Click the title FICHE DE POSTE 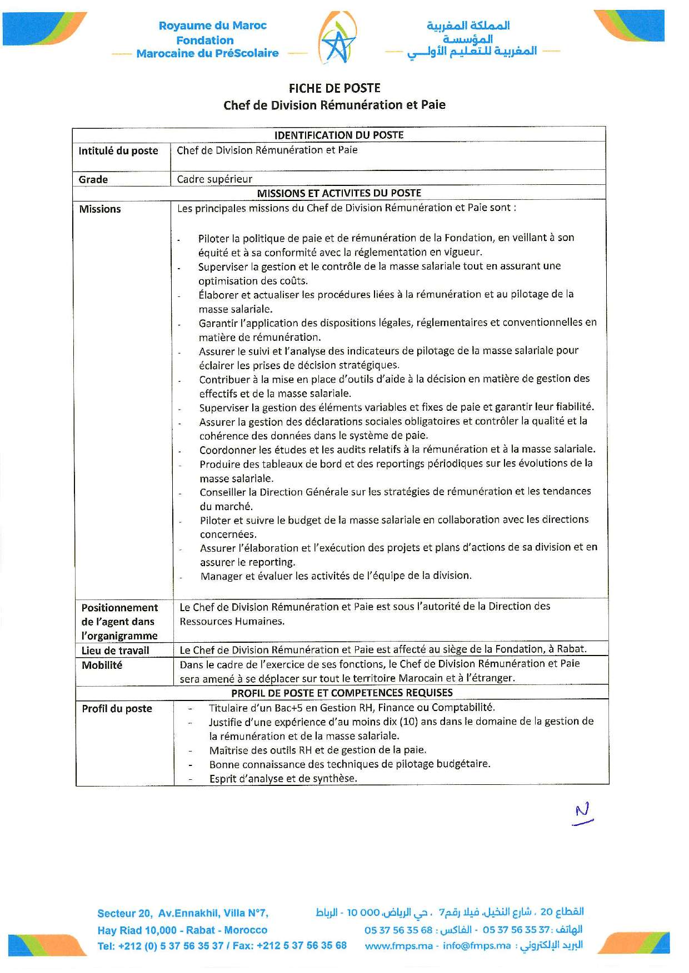click(x=334, y=88)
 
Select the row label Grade click(x=93, y=179)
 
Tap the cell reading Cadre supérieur click(x=214, y=179)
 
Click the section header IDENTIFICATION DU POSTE click(x=339, y=135)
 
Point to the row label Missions click(x=100, y=209)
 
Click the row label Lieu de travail click(x=116, y=651)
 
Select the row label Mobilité click(x=102, y=665)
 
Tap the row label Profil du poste click(x=117, y=709)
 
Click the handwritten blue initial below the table click(x=583, y=814)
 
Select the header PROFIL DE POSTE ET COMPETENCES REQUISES click(x=342, y=693)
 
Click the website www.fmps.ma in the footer click(x=398, y=946)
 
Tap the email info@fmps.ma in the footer click(x=476, y=946)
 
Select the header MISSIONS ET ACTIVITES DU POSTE click(x=339, y=193)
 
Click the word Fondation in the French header click(x=205, y=40)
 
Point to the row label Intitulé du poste click(x=118, y=151)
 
